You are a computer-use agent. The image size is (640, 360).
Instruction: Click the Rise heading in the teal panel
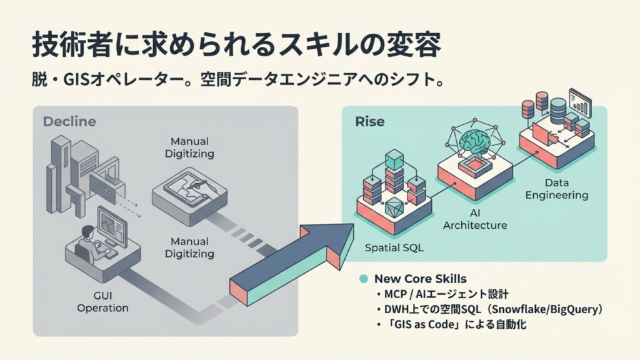pyautogui.click(x=369, y=121)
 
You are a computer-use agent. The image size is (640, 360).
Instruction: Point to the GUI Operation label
pyautogui.click(x=102, y=302)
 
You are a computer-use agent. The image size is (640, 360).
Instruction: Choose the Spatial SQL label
pyautogui.click(x=394, y=247)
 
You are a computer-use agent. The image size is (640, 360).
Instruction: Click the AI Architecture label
pyautogui.click(x=474, y=219)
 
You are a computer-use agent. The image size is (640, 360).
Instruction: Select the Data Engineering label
pyautogui.click(x=556, y=189)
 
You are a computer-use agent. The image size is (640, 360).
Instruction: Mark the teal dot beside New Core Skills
pyautogui.click(x=364, y=278)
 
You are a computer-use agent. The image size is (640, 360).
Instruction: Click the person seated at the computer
pyautogui.click(x=88, y=241)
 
